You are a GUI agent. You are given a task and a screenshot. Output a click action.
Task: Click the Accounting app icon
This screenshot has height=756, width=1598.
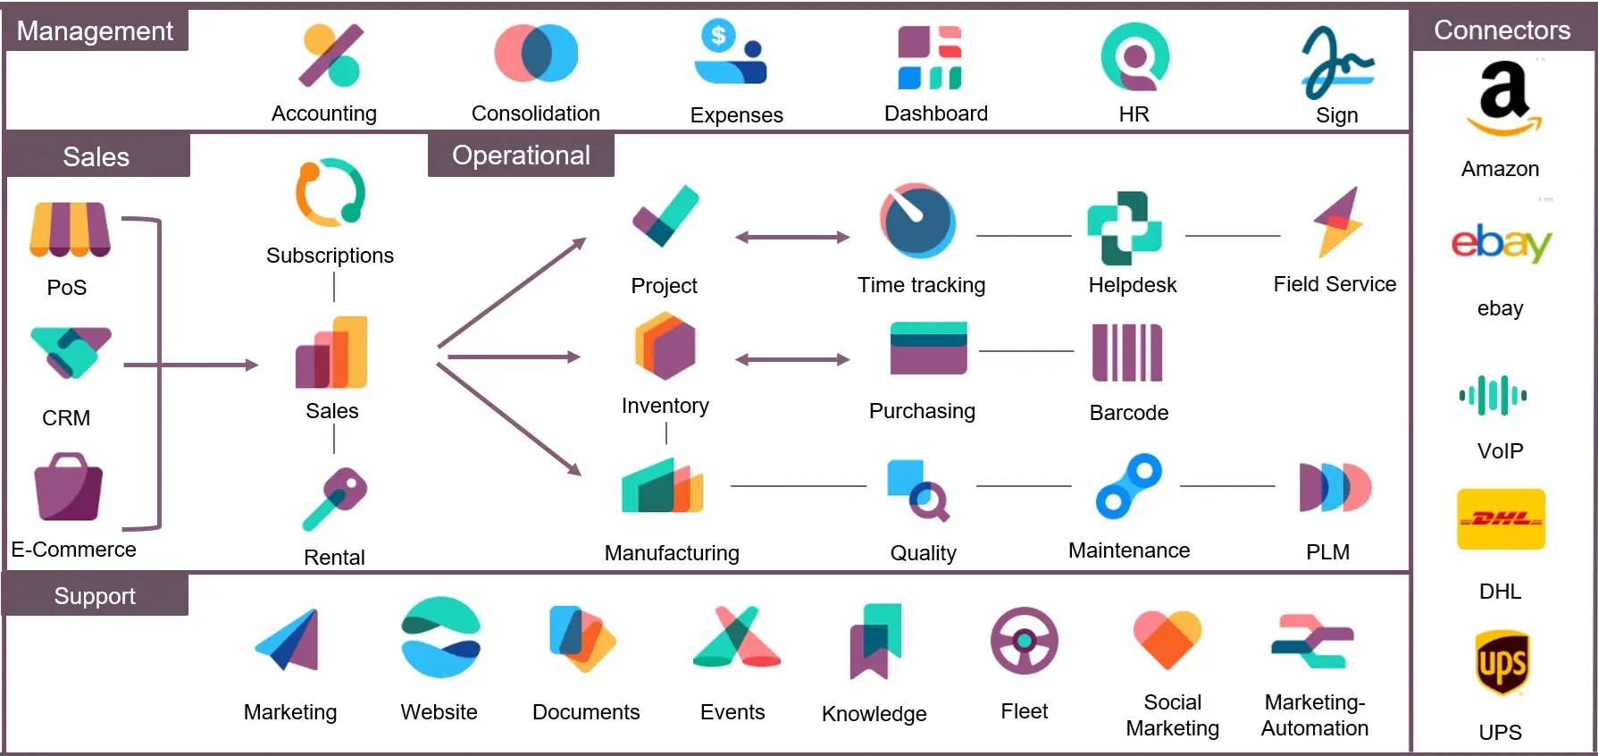coord(330,55)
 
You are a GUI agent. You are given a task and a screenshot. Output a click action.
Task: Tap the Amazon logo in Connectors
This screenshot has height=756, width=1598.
coord(1504,97)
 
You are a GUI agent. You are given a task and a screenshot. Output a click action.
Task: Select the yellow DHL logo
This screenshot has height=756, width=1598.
coord(1501,519)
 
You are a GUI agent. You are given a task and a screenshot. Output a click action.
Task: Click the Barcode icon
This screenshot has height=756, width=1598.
coord(1127,353)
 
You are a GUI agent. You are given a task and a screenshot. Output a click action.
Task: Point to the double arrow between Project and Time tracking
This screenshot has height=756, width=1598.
coord(791,237)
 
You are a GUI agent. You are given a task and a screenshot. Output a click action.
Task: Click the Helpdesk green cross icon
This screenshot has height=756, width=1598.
coord(1124,228)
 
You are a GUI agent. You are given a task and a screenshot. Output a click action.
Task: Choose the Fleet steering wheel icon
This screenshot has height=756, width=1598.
coord(1024,641)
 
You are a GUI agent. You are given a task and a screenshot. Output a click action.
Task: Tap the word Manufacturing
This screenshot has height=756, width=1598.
coord(672,553)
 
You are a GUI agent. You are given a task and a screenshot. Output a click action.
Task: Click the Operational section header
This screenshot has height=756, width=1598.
coord(521,155)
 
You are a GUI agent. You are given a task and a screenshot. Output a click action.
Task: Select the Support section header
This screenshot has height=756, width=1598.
coord(95,596)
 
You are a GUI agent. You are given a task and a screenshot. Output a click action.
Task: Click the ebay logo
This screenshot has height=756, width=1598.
coord(1501,243)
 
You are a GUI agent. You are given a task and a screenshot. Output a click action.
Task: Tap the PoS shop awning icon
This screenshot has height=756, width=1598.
coord(70,230)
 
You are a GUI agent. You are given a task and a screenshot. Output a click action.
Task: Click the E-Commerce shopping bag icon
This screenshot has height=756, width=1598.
coord(68,487)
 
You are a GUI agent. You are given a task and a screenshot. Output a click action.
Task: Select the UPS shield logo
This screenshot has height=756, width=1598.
coord(1502,663)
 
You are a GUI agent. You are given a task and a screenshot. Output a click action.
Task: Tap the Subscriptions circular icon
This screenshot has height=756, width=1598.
coord(330,192)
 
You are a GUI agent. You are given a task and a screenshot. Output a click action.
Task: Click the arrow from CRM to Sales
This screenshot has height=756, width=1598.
coord(191,365)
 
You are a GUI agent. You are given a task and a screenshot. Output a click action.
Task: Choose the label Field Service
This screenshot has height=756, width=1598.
coord(1334,284)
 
